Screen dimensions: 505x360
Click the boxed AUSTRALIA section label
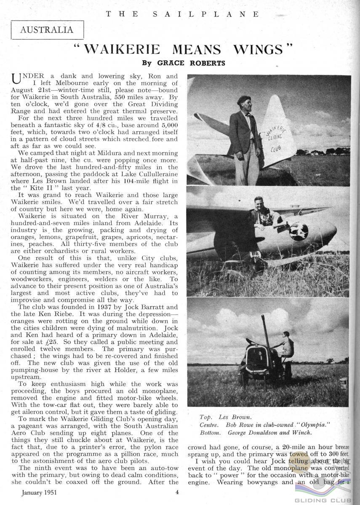tap(47, 30)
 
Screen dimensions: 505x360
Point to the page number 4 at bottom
tap(178, 491)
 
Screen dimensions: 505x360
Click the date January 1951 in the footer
tap(37, 491)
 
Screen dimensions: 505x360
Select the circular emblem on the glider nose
tap(298, 232)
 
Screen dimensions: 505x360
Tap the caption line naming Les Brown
tap(225, 417)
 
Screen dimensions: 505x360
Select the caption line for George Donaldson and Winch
tap(249, 433)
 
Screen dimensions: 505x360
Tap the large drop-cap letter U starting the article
tap(16, 79)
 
